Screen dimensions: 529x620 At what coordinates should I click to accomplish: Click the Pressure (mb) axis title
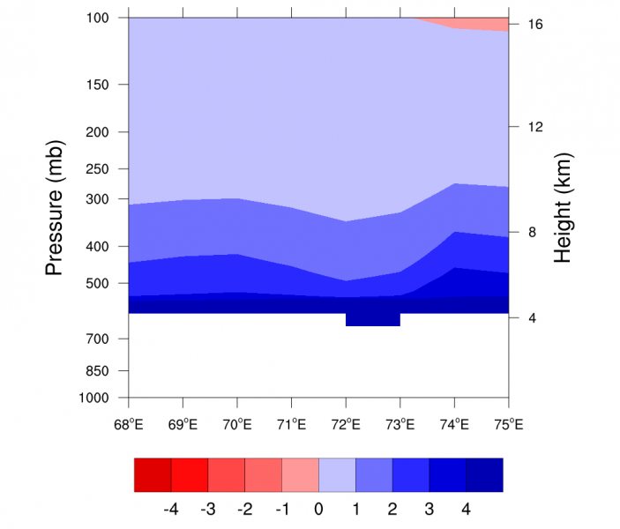[55, 207]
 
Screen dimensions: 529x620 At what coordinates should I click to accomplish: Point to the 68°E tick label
[129, 424]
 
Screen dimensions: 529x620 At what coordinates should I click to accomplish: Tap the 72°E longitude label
[346, 424]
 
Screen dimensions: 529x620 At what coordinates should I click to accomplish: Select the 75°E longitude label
[509, 424]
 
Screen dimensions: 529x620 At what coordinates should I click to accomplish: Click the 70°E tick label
[237, 424]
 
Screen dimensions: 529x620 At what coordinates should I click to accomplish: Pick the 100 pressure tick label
[99, 18]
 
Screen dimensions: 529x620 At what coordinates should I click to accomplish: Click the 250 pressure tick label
[99, 168]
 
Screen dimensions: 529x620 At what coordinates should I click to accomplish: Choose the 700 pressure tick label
[99, 339]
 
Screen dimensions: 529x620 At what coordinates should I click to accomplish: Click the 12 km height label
[534, 127]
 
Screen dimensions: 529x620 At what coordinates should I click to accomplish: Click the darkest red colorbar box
[153, 474]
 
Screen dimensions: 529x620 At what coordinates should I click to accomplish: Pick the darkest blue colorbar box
[484, 474]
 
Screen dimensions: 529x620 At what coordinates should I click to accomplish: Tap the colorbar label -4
[171, 509]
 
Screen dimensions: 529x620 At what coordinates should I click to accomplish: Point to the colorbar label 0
[318, 509]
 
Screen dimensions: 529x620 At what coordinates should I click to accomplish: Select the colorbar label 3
[429, 509]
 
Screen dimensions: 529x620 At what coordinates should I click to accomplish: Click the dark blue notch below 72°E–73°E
[372, 319]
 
